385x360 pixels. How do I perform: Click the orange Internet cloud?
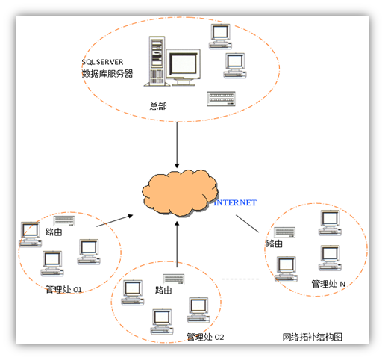click(x=180, y=193)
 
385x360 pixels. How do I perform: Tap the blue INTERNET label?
click(x=235, y=202)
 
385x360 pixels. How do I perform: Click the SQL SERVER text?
click(x=102, y=62)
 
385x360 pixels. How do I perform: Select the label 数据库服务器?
click(x=107, y=74)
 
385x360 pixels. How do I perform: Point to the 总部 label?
click(x=158, y=106)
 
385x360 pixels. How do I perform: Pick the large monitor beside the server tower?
click(x=184, y=67)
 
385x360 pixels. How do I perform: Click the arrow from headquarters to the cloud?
click(x=177, y=145)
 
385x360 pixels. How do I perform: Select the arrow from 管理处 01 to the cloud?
click(x=115, y=220)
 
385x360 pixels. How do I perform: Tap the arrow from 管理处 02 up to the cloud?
click(x=177, y=244)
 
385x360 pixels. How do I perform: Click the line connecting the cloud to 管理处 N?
click(x=248, y=223)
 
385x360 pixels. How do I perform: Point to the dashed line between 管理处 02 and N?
click(x=240, y=279)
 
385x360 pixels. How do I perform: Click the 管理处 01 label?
click(x=63, y=289)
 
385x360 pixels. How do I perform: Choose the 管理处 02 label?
click(x=205, y=337)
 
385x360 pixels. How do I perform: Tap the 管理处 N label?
click(x=328, y=284)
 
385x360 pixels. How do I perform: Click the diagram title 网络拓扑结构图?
click(x=313, y=337)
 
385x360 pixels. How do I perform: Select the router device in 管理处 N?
click(x=285, y=232)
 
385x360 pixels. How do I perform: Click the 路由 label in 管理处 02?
click(x=163, y=290)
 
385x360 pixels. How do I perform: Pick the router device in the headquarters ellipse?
click(x=222, y=99)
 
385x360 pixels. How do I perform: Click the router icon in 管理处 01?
click(x=64, y=220)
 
